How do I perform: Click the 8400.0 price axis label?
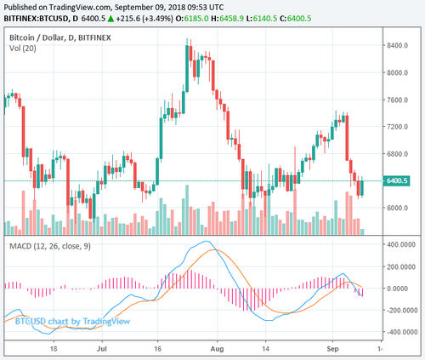[x=399, y=45]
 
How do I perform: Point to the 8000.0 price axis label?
[x=399, y=72]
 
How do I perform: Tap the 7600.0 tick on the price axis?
[x=399, y=100]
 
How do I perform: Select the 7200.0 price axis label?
[x=399, y=127]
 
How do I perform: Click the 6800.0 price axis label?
[x=399, y=154]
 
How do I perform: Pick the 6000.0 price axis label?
[x=399, y=208]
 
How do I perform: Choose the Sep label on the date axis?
[x=336, y=349]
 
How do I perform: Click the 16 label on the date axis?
[x=159, y=349]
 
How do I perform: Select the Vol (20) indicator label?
[x=23, y=50]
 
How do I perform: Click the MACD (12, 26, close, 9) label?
[x=52, y=247]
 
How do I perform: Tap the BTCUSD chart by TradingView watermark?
[x=56, y=321]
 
